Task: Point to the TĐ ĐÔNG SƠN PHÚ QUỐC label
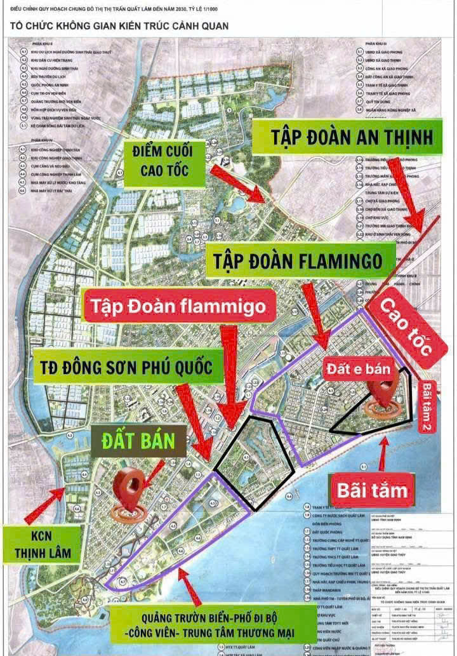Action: (123, 366)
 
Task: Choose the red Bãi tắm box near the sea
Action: (372, 490)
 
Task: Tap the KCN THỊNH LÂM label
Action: (43, 545)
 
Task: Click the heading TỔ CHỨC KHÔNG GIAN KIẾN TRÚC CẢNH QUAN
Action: (119, 27)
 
